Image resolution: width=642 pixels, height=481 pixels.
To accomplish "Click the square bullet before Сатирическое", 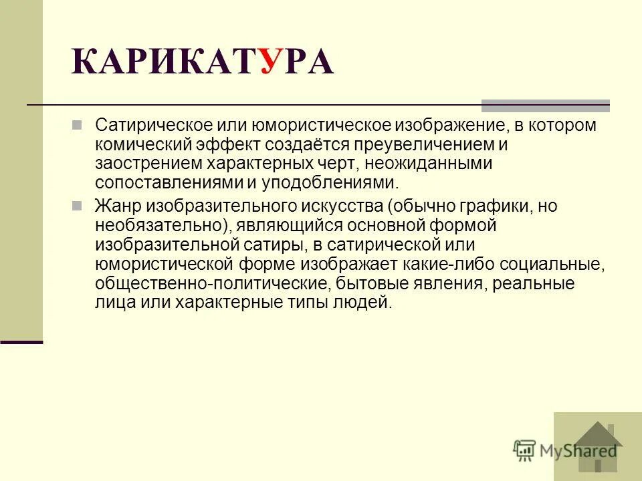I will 76,125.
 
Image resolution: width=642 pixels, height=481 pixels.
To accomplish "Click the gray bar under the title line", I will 546,105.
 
